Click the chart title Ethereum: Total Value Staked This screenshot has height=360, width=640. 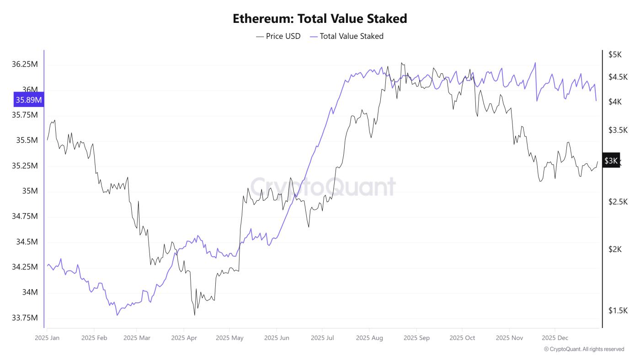(320, 19)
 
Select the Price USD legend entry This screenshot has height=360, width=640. (278, 36)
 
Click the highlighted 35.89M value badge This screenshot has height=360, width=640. (29, 100)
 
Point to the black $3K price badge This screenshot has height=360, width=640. (611, 161)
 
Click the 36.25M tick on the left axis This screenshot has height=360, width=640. (25, 64)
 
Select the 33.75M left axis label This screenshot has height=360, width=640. (25, 318)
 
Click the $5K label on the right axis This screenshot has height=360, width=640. (615, 54)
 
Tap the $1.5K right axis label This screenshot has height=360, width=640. (618, 311)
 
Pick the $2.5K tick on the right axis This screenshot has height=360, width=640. (618, 202)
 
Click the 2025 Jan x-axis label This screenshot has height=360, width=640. (48, 338)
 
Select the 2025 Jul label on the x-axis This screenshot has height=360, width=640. (323, 338)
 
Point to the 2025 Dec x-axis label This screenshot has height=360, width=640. (555, 338)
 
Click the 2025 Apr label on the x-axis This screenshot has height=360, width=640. (184, 338)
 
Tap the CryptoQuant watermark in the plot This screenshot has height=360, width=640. (323, 187)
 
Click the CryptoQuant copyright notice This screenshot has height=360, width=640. (584, 349)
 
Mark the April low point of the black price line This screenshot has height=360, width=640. (195, 315)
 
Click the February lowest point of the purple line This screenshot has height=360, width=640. (117, 315)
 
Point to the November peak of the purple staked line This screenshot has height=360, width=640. (535, 63)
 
